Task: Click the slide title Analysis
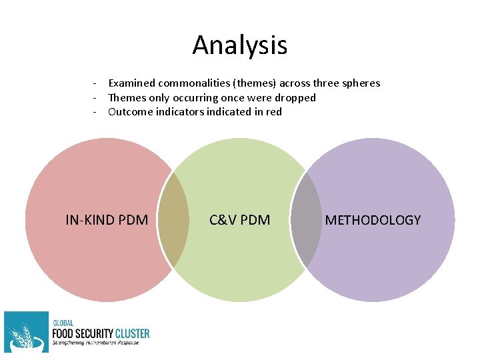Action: (240, 45)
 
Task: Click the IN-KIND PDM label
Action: (107, 219)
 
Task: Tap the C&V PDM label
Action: (239, 219)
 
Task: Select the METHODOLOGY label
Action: (373, 219)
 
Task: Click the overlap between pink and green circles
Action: (173, 220)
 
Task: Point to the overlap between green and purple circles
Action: (306, 220)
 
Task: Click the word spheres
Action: (359, 83)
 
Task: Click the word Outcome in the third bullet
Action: (130, 111)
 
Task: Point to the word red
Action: (273, 111)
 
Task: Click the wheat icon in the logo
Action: (26, 331)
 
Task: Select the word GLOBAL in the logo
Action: (63, 323)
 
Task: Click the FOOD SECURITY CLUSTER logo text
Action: (101, 333)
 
